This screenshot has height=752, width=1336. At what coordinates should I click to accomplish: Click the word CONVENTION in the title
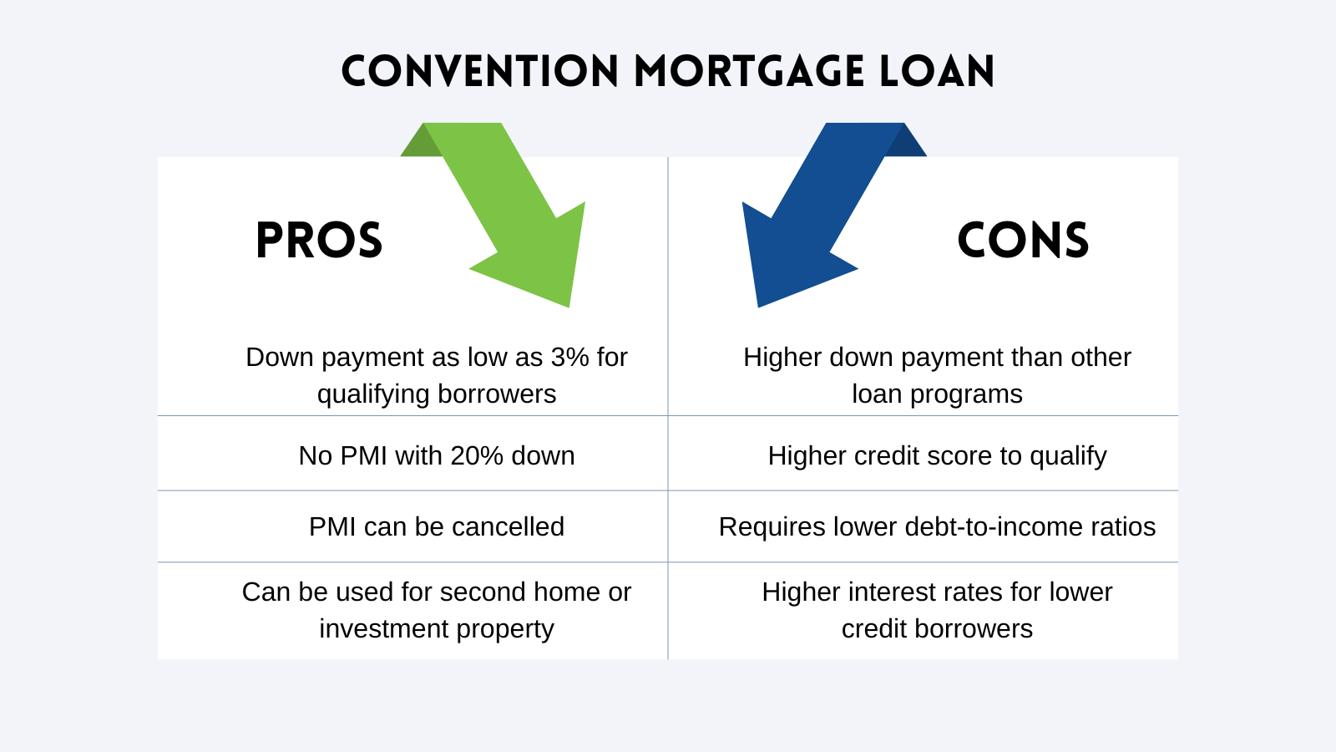[480, 72]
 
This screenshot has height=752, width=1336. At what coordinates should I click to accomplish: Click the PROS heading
[319, 241]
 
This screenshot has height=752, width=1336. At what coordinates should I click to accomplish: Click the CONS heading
[1023, 241]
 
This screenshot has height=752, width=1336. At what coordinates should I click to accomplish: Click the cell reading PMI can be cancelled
[437, 527]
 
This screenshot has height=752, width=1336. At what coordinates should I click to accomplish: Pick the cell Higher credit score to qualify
[937, 456]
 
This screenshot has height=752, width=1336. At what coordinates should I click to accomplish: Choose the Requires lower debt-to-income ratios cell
[937, 527]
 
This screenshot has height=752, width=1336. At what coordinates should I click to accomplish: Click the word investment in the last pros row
[382, 629]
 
